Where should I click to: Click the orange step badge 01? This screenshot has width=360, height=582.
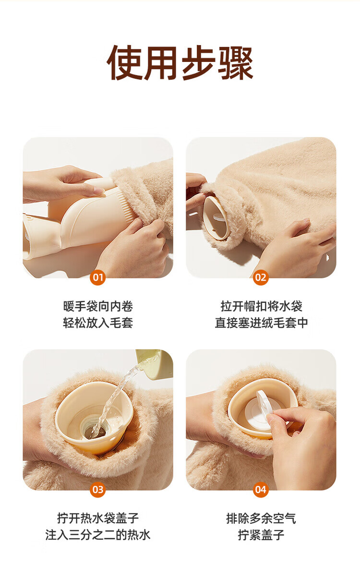pyautogui.click(x=98, y=277)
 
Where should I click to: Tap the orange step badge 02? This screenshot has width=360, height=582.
pyautogui.click(x=261, y=277)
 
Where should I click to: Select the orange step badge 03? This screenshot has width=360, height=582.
pyautogui.click(x=98, y=490)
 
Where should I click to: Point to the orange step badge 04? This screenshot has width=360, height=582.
pyautogui.click(x=261, y=490)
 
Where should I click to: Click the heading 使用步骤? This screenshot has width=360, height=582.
pyautogui.click(x=180, y=63)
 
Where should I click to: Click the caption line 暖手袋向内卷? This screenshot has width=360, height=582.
pyautogui.click(x=98, y=306)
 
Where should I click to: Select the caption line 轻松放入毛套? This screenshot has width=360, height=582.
pyautogui.click(x=98, y=323)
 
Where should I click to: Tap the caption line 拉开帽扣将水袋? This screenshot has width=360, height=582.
pyautogui.click(x=261, y=306)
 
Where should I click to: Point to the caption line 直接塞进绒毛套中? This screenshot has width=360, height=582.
pyautogui.click(x=261, y=323)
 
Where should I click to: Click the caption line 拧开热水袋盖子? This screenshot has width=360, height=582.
pyautogui.click(x=98, y=518)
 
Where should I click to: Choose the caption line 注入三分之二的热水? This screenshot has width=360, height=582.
pyautogui.click(x=98, y=535)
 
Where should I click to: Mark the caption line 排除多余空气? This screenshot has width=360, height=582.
pyautogui.click(x=261, y=518)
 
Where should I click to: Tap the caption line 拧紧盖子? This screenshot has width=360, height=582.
pyautogui.click(x=261, y=535)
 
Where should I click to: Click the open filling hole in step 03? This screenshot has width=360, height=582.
pyautogui.click(x=95, y=432)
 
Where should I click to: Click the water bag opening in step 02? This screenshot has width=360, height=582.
pyautogui.click(x=216, y=218)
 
